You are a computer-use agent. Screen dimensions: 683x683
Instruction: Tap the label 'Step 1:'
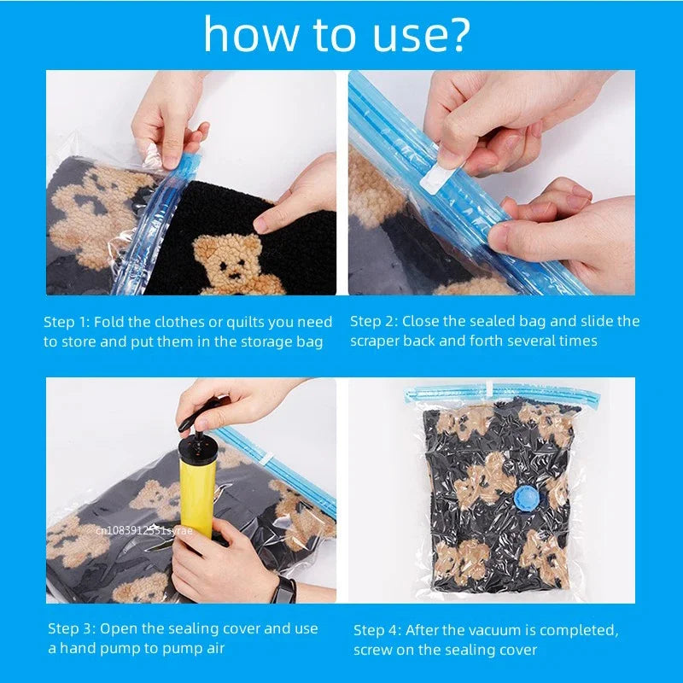point(67,322)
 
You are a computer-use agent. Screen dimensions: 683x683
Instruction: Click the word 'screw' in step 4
point(373,650)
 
